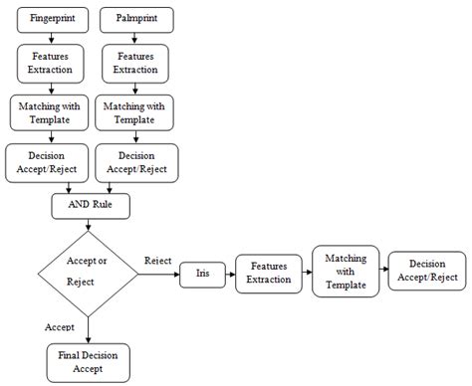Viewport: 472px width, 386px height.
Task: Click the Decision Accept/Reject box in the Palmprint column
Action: [136, 161]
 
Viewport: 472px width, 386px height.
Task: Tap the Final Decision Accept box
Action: [89, 361]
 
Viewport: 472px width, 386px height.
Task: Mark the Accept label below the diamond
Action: [60, 326]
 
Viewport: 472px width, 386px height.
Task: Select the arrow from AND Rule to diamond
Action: [89, 227]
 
